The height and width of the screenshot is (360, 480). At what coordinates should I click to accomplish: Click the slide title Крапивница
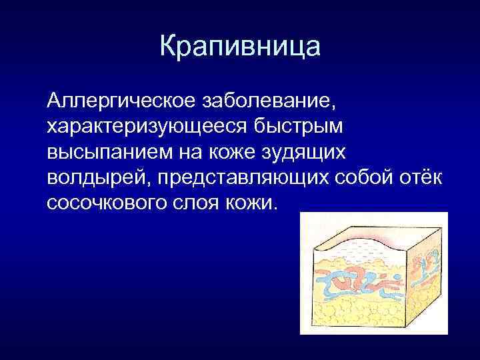click(240, 47)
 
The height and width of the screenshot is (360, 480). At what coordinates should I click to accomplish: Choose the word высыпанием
click(109, 153)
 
